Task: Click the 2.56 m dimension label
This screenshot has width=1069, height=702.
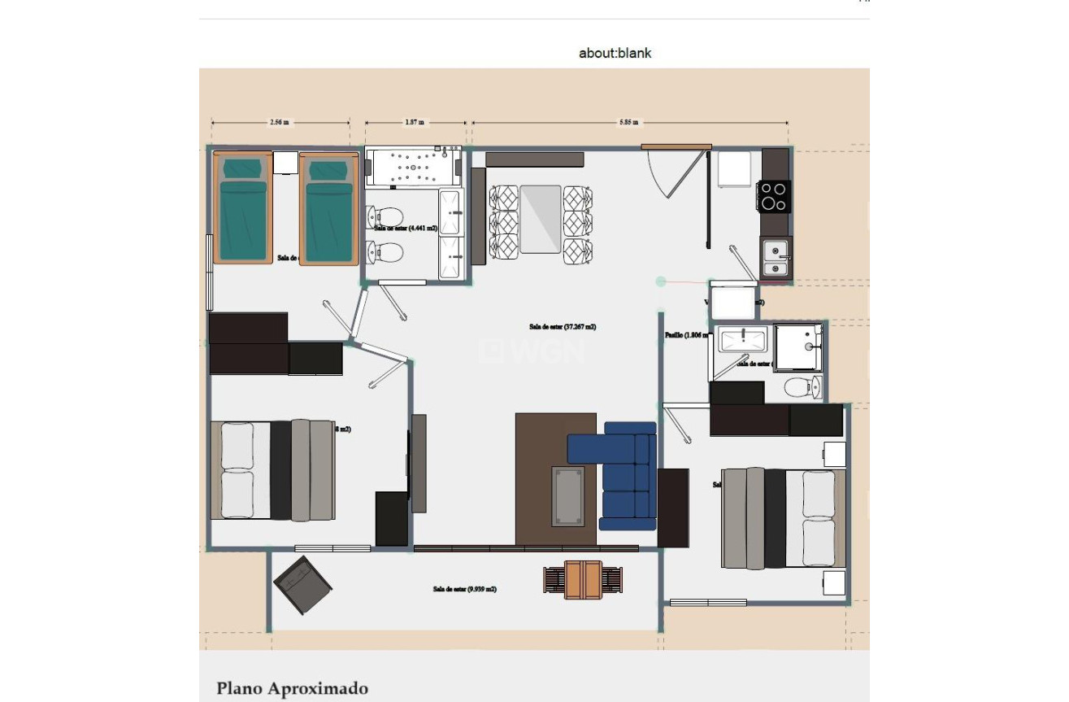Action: pos(279,123)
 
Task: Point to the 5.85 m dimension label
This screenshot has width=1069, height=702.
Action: pos(628,123)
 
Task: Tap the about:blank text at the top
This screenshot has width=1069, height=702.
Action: pos(615,54)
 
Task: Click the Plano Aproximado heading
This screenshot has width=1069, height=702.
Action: pos(292,689)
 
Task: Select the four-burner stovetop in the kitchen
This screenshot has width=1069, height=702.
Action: pos(773,196)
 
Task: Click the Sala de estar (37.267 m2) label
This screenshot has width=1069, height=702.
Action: pos(563,327)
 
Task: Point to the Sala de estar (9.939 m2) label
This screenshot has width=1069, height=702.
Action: pos(464,589)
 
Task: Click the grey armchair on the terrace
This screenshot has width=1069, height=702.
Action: pos(302,585)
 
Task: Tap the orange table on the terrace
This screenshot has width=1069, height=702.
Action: pos(583,579)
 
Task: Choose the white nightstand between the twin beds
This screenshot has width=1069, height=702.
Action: pos(285,163)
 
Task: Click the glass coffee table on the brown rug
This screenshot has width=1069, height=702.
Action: pos(567,495)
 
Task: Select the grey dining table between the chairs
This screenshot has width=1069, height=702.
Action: pos(541,219)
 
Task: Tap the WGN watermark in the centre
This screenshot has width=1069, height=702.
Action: pos(533,351)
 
